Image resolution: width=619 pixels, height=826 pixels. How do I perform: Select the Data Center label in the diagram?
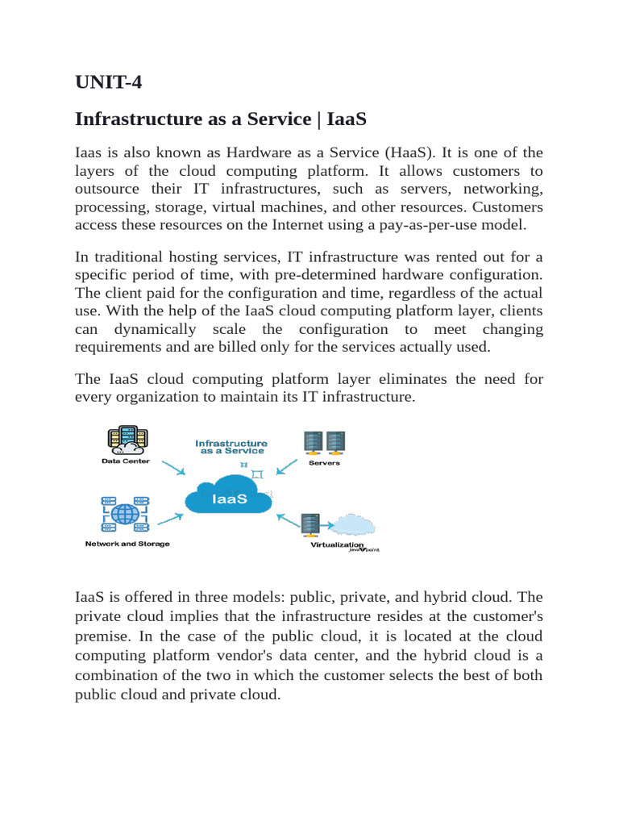pyautogui.click(x=125, y=461)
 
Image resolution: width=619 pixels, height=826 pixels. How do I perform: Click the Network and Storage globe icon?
pyautogui.click(x=125, y=513)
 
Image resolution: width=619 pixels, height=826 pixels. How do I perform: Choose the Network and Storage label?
pyautogui.click(x=127, y=544)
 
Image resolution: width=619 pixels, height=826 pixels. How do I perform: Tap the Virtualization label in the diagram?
pyautogui.click(x=337, y=545)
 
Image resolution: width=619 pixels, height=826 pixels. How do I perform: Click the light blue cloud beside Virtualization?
pyautogui.click(x=355, y=524)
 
